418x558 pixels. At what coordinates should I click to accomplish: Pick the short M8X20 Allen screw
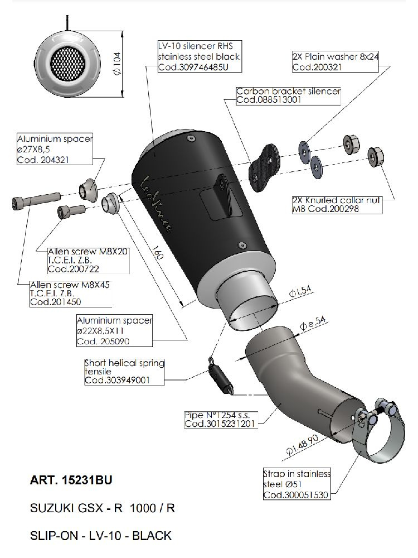point(71,211)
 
